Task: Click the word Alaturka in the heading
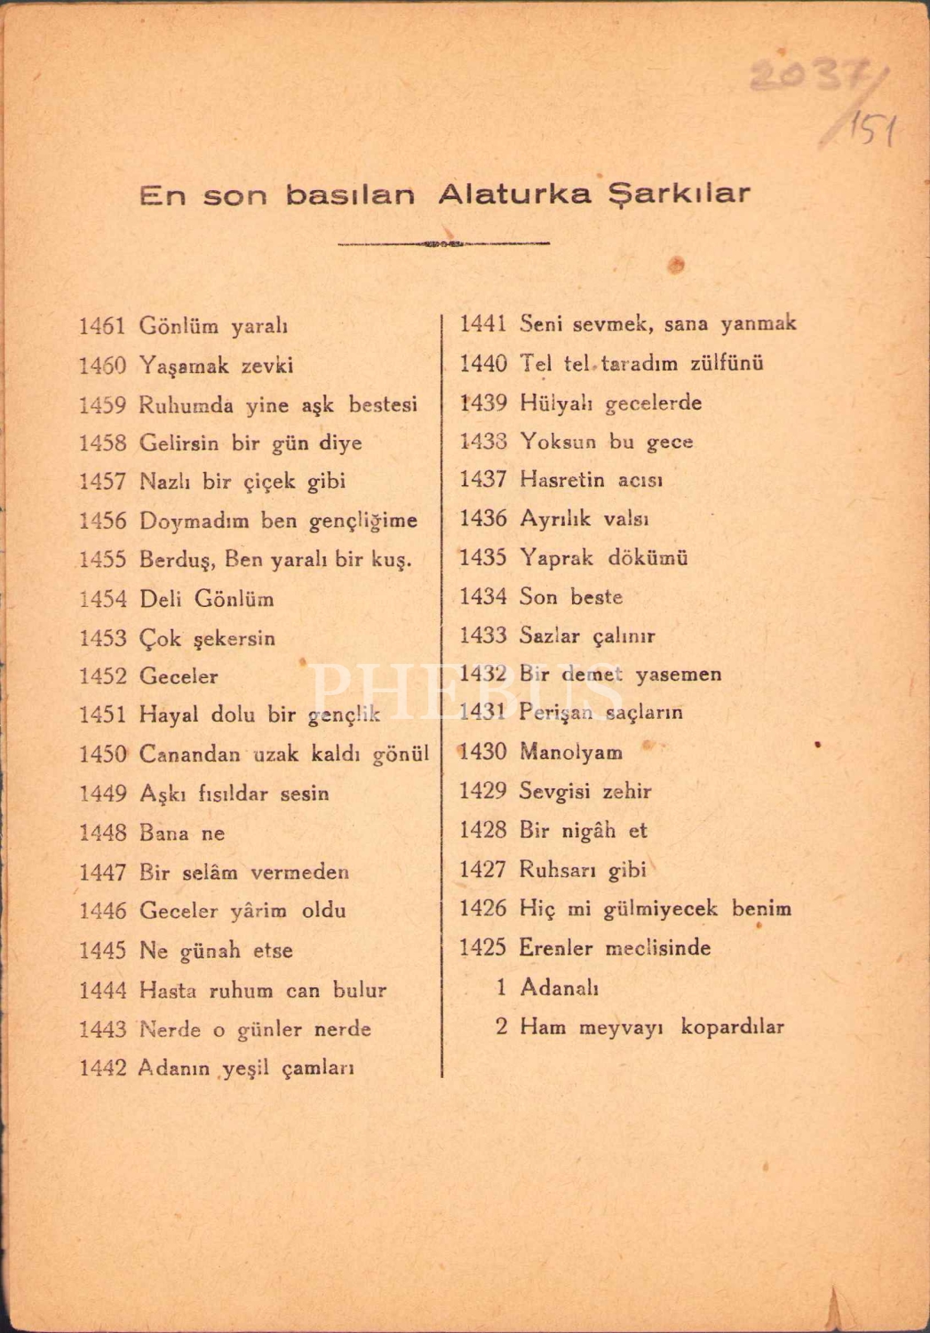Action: pyautogui.click(x=515, y=194)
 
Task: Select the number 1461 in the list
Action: pyautogui.click(x=102, y=326)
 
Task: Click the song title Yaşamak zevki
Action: pyautogui.click(x=216, y=365)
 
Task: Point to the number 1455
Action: pyautogui.click(x=102, y=560)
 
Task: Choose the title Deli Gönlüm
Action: pyautogui.click(x=206, y=599)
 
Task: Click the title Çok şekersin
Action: pyautogui.click(x=207, y=638)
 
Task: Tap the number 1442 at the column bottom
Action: pyautogui.click(x=102, y=1068)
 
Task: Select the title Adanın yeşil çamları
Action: pyautogui.click(x=246, y=1068)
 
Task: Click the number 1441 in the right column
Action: pyautogui.click(x=482, y=323)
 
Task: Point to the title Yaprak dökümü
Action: pyautogui.click(x=603, y=558)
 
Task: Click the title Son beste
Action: pyautogui.click(x=570, y=597)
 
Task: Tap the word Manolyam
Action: pyautogui.click(x=570, y=753)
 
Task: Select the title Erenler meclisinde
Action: pyautogui.click(x=615, y=948)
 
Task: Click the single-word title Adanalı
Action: pyautogui.click(x=559, y=987)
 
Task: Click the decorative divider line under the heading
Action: pyautogui.click(x=443, y=243)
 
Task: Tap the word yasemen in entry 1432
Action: pyautogui.click(x=678, y=674)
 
